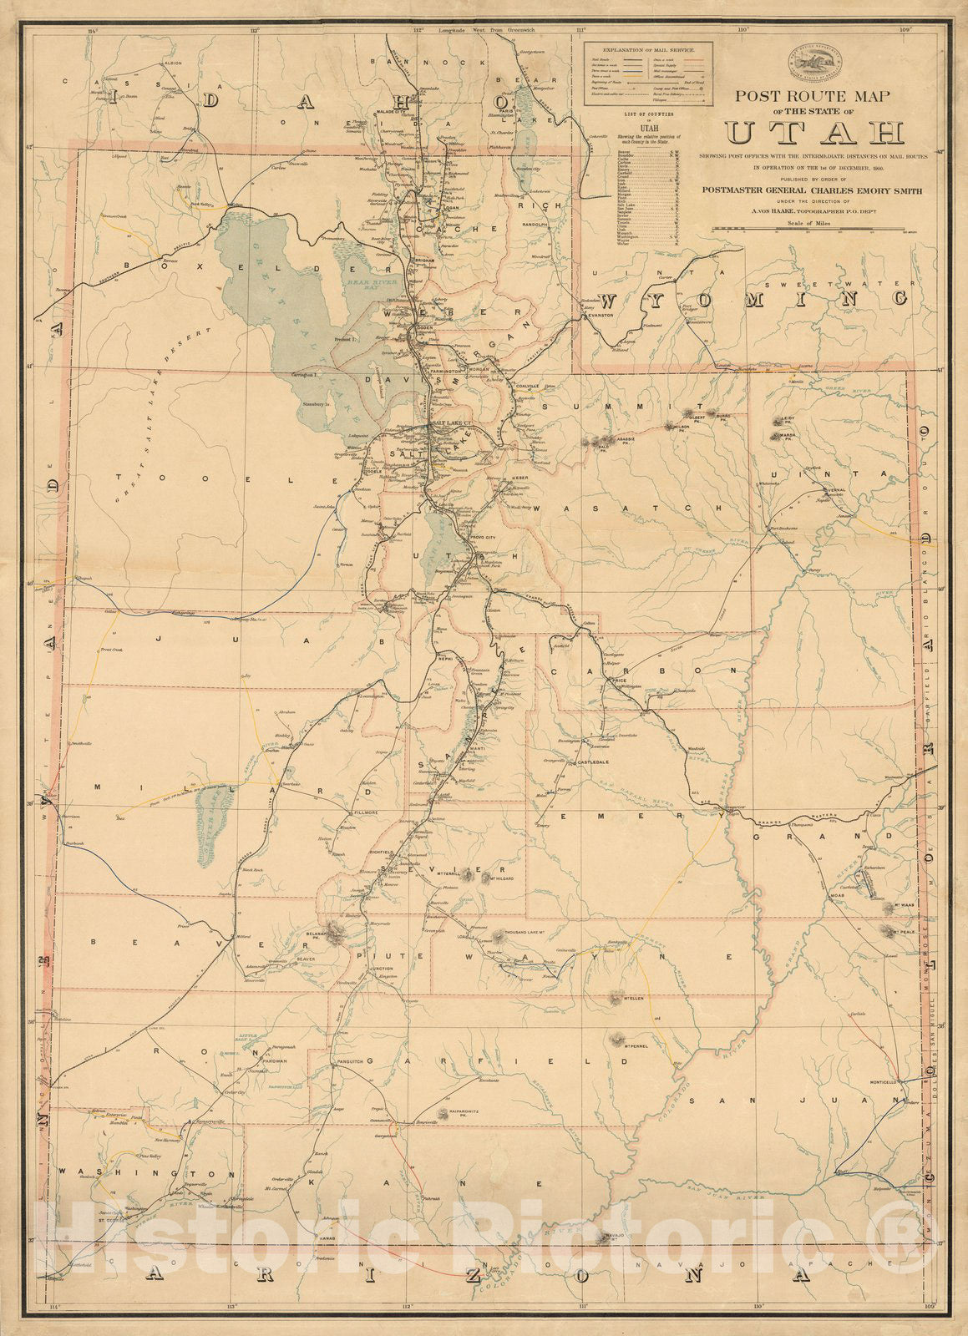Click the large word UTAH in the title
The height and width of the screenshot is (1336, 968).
[x=814, y=133]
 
